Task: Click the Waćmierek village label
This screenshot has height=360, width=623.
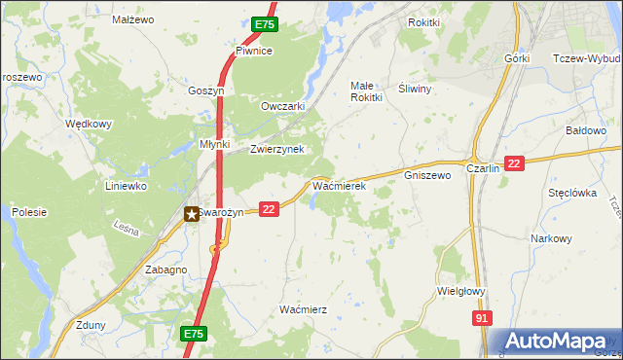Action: pyautogui.click(x=338, y=184)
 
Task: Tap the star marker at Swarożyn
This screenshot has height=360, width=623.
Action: pyautogui.click(x=193, y=212)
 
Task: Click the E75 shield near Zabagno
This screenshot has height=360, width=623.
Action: pyautogui.click(x=193, y=334)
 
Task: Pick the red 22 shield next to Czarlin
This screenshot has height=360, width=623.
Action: pyautogui.click(x=515, y=165)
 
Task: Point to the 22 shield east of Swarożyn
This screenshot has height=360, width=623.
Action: pyautogui.click(x=270, y=208)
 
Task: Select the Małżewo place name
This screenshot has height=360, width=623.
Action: pyautogui.click(x=133, y=18)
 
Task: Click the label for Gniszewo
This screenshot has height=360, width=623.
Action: pyautogui.click(x=427, y=176)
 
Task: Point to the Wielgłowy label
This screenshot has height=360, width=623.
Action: pyautogui.click(x=461, y=290)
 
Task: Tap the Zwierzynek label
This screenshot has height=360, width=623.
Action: pyautogui.click(x=277, y=149)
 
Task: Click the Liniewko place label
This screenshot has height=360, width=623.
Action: pyautogui.click(x=126, y=185)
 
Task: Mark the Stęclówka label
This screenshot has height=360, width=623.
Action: pyautogui.click(x=571, y=193)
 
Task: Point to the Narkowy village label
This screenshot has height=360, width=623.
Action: pyautogui.click(x=551, y=238)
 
